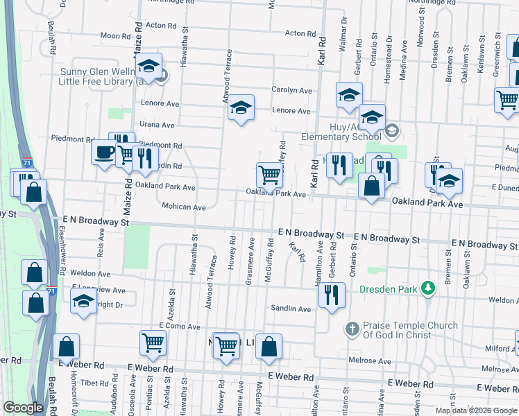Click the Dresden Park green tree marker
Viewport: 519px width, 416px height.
(x=429, y=287)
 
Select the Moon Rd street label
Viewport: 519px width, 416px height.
(x=110, y=35)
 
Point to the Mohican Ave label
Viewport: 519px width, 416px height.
(x=183, y=207)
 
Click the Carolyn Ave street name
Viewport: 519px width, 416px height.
(x=291, y=90)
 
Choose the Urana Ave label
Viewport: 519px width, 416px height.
(x=158, y=125)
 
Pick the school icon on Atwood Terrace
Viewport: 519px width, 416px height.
(x=241, y=108)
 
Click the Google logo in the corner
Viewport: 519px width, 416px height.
(x=23, y=408)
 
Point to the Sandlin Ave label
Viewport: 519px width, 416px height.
(x=291, y=309)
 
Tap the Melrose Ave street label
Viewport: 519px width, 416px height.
(x=370, y=361)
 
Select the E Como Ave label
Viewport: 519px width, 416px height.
(x=179, y=326)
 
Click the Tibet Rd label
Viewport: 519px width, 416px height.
(x=90, y=383)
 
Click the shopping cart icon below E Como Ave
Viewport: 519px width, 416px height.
(x=153, y=341)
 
